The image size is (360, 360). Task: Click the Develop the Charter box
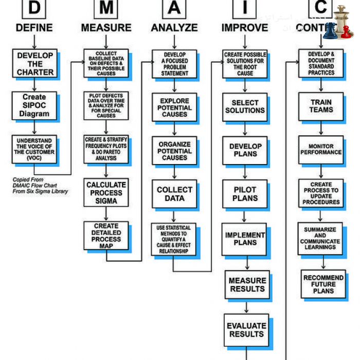pos(34,63)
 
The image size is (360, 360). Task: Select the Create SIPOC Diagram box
pos(34,105)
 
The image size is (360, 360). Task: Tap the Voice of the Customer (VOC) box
pos(34,149)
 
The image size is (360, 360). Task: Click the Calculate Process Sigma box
pos(106,192)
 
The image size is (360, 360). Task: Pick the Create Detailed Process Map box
pos(106,235)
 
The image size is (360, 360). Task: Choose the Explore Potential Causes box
pos(174,107)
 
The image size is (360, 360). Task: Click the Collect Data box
pos(174,193)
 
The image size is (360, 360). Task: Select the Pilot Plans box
pos(245,194)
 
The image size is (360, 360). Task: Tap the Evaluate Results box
pos(246,329)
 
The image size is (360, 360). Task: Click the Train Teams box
pos(321,106)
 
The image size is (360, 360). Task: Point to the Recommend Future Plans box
pos(323,284)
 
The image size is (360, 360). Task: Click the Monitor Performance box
pos(321,149)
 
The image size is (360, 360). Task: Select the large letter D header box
pos(34,7)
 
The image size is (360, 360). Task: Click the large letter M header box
pos(106,7)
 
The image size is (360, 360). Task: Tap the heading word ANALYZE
pos(174,28)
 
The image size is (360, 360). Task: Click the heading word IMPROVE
pos(245,28)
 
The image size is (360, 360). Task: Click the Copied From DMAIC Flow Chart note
pos(40,186)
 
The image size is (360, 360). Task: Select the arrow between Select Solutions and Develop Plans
pos(245,129)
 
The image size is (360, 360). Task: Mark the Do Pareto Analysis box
pos(106,148)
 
